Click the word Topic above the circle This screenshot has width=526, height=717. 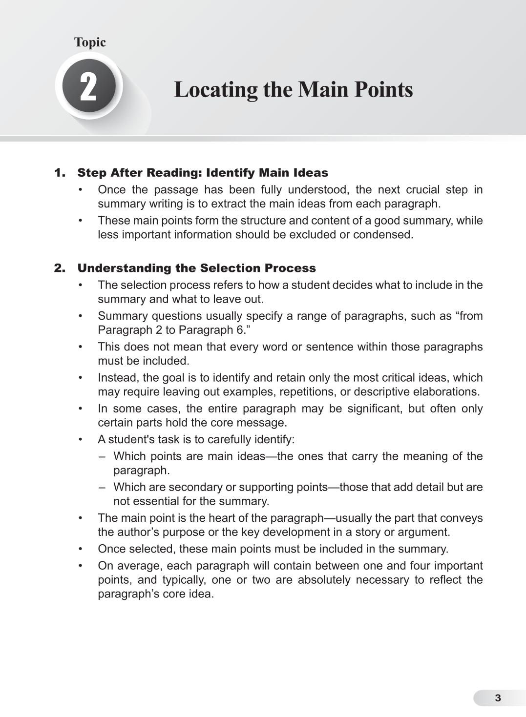[90, 42]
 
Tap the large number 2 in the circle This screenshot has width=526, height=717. [88, 88]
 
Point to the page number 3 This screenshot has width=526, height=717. [498, 698]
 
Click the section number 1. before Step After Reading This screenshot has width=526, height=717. [60, 173]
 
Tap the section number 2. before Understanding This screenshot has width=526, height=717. [60, 268]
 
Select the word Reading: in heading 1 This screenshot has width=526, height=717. [175, 173]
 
